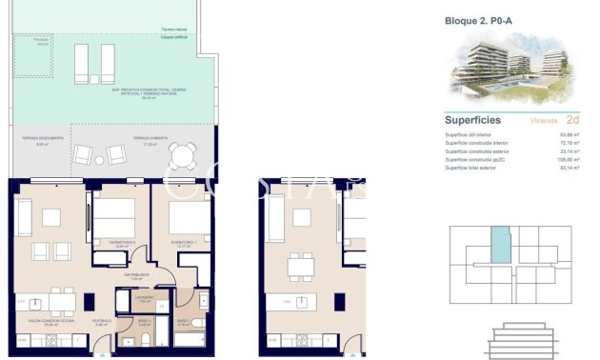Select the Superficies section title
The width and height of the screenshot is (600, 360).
click(474, 120)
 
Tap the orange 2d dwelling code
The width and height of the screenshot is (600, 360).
click(572, 120)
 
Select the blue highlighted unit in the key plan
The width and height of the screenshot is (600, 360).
click(500, 247)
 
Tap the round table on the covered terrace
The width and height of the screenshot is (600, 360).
click(177, 153)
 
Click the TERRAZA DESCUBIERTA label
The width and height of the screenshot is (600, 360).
click(43, 138)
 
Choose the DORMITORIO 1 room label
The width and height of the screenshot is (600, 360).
click(184, 244)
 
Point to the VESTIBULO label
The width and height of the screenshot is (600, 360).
click(102, 322)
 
